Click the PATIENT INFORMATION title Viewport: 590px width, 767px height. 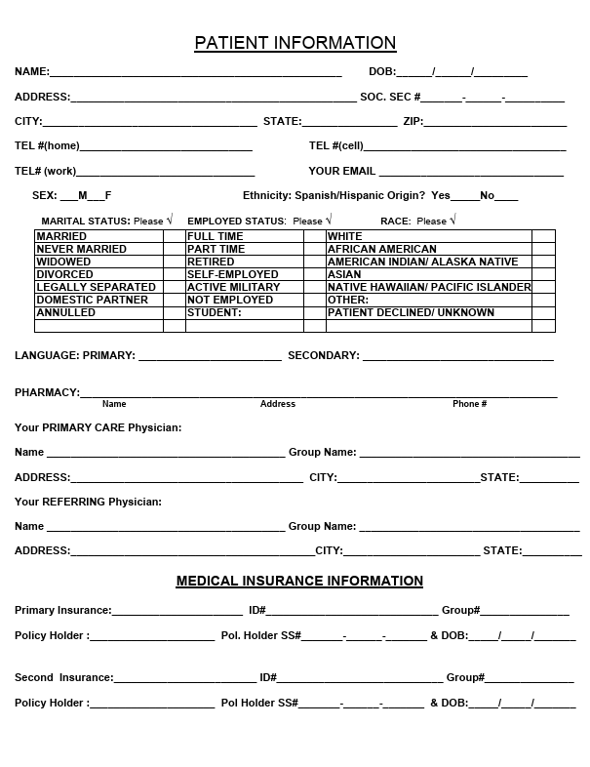[295, 43]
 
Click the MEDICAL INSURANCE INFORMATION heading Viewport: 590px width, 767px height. [299, 581]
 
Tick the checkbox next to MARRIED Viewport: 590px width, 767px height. [175, 236]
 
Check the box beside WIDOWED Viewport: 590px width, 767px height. [175, 262]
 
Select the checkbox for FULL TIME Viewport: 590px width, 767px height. [314, 236]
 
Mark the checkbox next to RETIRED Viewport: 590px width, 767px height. [314, 262]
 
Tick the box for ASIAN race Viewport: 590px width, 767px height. [543, 274]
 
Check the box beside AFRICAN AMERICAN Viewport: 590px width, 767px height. [543, 249]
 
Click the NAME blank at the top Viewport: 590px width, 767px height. [195, 72]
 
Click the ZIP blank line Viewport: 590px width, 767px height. [494, 123]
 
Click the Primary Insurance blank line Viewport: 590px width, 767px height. [177, 612]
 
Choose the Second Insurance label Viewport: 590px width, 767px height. [63, 677]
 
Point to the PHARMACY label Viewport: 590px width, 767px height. [47, 392]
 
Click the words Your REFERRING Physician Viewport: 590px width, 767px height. [88, 502]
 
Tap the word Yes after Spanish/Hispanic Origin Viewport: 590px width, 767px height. [441, 195]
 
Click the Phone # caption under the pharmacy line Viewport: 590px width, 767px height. [469, 404]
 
